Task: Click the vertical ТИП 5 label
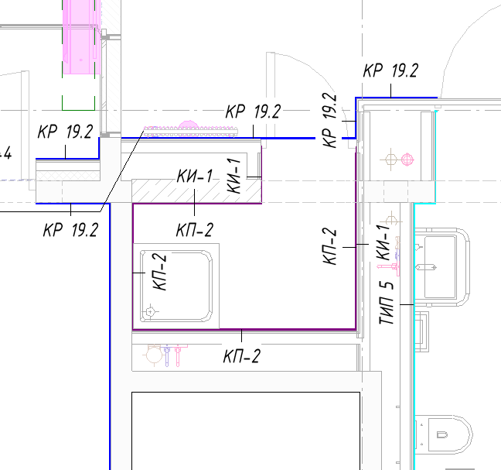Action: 387,303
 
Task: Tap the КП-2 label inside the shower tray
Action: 159,272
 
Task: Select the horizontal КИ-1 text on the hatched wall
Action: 195,176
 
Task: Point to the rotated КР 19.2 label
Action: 330,120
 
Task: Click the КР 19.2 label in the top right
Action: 390,70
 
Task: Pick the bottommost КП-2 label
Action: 242,356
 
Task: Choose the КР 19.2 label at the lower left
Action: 70,230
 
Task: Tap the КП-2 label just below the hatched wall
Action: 195,230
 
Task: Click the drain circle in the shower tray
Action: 150,311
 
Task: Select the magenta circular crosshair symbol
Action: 407,159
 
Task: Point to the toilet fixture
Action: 444,434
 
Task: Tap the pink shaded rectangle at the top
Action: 81,37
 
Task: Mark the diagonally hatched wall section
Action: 197,191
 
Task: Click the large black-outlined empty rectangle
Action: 246,431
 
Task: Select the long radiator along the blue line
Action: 191,131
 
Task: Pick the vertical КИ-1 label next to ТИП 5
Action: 383,242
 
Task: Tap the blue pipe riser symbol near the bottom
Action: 166,355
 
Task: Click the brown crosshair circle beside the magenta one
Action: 390,159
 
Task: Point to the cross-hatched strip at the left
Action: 68,176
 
